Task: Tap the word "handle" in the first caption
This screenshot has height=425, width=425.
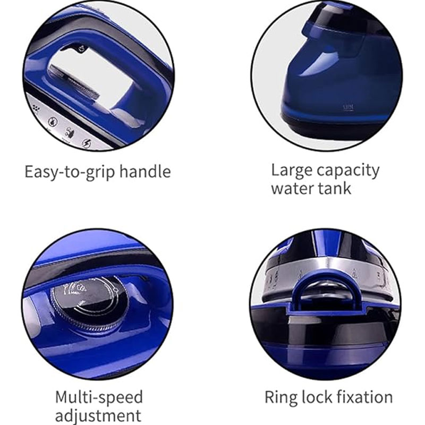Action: (x=145, y=171)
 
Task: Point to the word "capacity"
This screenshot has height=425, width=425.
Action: (x=348, y=171)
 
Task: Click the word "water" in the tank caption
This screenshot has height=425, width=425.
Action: (x=293, y=189)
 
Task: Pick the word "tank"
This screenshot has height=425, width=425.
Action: (x=335, y=188)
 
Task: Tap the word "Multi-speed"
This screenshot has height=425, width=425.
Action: (x=99, y=398)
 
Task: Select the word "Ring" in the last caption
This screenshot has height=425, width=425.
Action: (x=280, y=398)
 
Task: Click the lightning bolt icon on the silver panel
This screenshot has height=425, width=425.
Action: (x=87, y=143)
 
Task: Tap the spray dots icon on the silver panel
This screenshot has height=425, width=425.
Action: (x=36, y=108)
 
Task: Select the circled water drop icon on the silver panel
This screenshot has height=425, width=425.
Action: (x=53, y=121)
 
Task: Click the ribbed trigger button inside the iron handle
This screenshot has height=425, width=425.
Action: (x=74, y=82)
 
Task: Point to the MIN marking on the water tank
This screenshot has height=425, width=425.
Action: (x=348, y=108)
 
